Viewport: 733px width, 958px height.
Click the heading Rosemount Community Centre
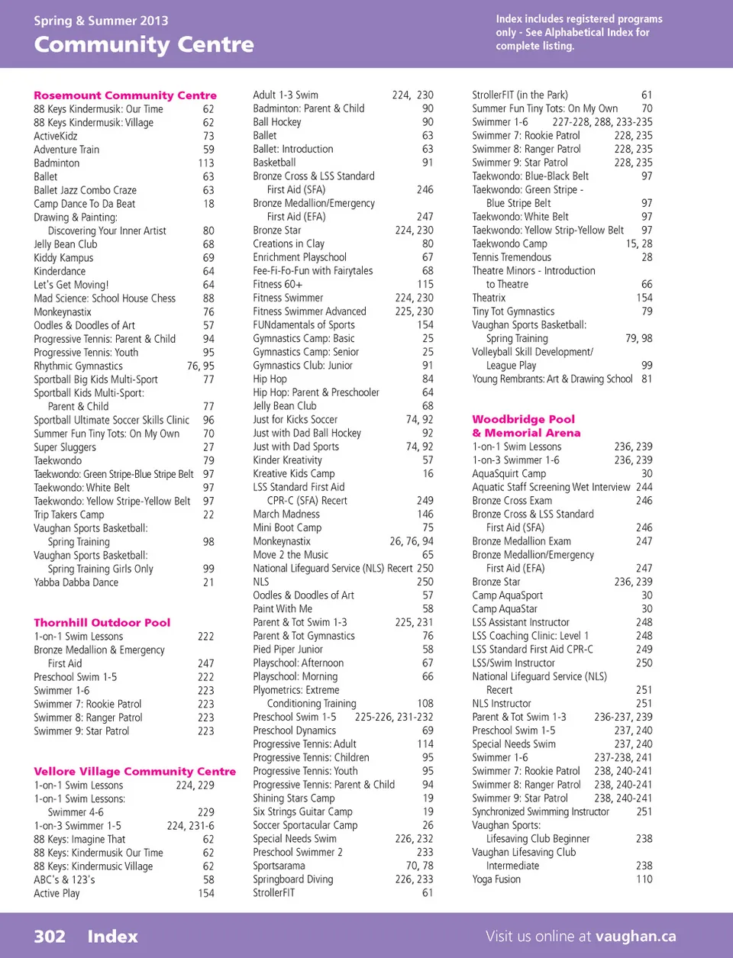pos(125,95)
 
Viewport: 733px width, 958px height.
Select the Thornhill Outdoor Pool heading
pos(102,623)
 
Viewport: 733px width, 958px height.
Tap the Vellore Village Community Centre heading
pos(135,772)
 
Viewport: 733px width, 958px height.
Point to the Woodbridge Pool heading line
pos(524,419)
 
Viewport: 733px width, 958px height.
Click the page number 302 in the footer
pos(50,937)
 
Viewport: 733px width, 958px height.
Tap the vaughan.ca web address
pos(636,937)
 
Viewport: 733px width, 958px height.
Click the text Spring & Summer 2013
pos(101,21)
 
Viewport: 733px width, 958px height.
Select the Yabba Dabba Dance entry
pos(76,582)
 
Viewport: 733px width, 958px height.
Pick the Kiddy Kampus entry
pos(63,258)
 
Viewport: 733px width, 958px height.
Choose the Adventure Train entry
pos(66,150)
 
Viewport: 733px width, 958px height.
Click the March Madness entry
pos(286,514)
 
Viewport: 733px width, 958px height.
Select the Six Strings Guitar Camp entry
pos(302,812)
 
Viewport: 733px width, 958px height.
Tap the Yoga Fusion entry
pos(496,879)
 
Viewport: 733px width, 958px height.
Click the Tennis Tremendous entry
pos(512,257)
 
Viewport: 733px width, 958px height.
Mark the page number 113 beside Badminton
pos(206,163)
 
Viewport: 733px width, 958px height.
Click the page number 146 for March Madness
pos(425,514)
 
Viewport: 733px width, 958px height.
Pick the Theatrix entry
pos(489,298)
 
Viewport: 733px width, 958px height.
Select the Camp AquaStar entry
pos(505,609)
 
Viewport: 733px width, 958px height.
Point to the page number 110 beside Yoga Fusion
pos(644,879)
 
